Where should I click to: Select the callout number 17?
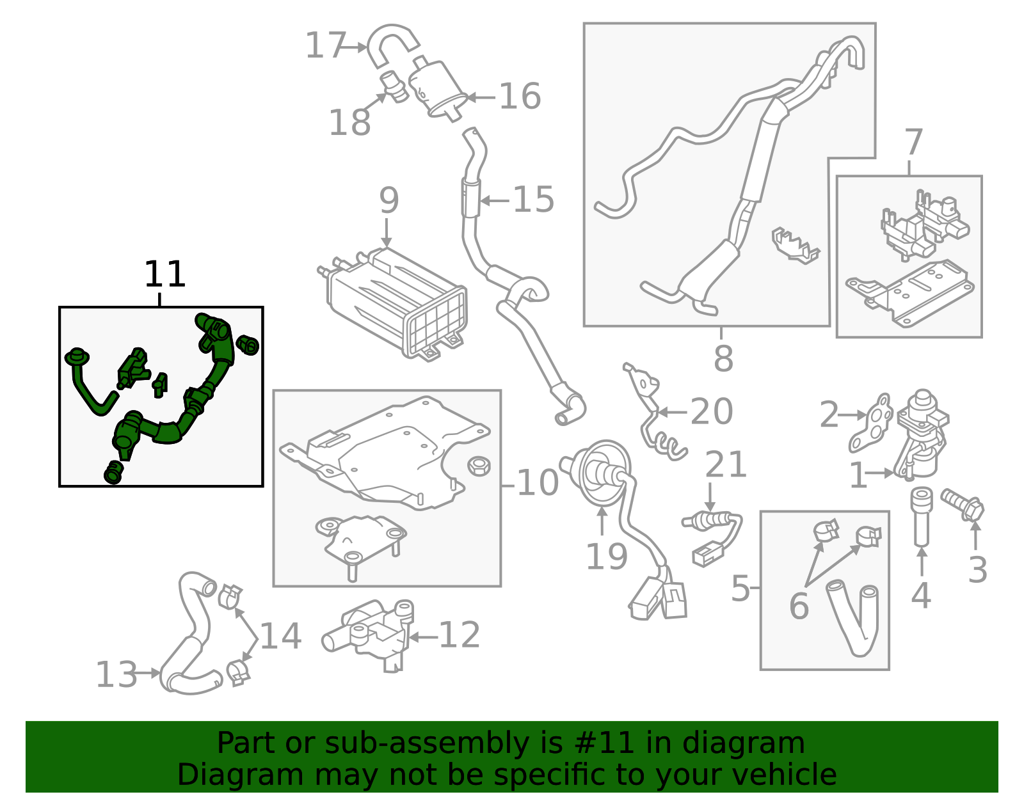point(325,45)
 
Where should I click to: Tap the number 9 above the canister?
point(388,200)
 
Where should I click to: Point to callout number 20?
point(712,411)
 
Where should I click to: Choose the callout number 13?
point(116,674)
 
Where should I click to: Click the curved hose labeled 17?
point(390,45)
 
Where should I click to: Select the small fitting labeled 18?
point(394,87)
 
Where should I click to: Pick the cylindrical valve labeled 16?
point(436,88)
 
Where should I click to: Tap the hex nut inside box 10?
point(479,466)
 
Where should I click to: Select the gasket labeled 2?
point(871,422)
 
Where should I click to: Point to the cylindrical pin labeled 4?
point(921,517)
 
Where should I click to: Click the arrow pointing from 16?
point(481,97)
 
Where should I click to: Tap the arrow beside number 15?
point(494,201)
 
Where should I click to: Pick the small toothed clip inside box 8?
point(795,245)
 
